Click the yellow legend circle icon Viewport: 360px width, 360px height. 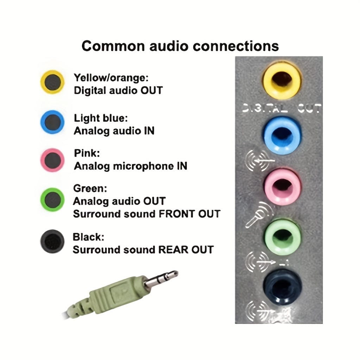[x=52, y=82]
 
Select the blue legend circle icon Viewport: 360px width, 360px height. [x=52, y=121]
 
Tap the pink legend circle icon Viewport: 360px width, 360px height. [x=52, y=160]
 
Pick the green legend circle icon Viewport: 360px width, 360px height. [x=52, y=200]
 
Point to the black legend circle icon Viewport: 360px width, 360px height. [x=52, y=241]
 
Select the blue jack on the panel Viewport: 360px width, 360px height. [x=281, y=135]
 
